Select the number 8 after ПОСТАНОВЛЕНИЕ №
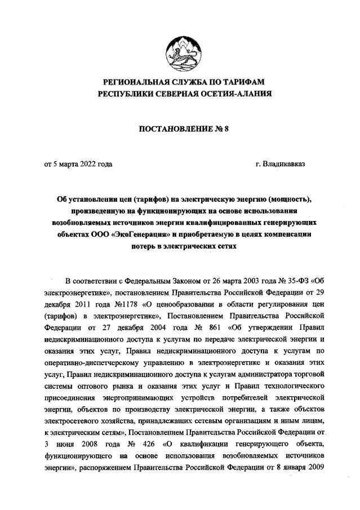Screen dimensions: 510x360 [226, 129]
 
